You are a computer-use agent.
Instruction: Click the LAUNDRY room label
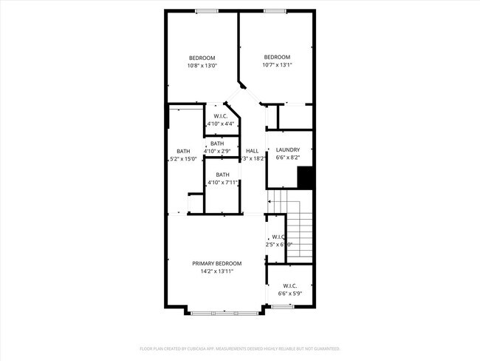287,149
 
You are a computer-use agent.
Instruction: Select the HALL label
252,150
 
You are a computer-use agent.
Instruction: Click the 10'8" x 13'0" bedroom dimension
202,66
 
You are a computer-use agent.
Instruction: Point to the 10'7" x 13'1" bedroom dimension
277,64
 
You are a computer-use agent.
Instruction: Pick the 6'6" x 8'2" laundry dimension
287,158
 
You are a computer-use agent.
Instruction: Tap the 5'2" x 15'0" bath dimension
182,158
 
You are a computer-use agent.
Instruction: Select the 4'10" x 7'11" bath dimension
222,182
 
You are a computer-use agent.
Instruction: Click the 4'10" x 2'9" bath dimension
217,151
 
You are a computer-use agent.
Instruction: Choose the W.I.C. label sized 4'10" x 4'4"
220,116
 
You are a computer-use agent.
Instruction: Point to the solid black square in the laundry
306,178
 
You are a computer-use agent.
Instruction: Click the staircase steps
299,229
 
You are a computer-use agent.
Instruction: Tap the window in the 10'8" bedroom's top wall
206,10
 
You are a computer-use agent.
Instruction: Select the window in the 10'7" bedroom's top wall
275,10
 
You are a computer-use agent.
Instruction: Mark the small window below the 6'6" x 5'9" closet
283,306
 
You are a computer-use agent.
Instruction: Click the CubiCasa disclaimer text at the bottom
239,348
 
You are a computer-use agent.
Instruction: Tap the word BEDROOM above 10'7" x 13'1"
277,57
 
